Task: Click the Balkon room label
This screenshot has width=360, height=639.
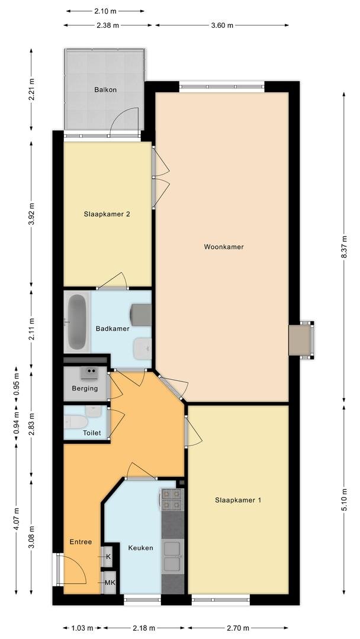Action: pos(105,90)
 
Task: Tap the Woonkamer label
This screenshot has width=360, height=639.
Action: pos(224,247)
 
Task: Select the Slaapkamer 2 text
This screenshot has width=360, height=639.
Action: pos(107,214)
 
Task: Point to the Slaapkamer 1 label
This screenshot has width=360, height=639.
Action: pos(238,500)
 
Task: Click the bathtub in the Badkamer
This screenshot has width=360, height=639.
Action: pos(77,322)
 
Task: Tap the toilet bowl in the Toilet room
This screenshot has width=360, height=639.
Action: pos(76,421)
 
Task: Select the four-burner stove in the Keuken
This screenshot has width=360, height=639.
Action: pos(172,499)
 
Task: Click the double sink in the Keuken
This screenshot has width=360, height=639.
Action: pos(172,557)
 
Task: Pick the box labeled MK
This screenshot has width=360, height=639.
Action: pos(110,583)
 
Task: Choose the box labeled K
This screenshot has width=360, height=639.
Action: pos(108,557)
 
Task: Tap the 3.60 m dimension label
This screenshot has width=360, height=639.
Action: pos(222,25)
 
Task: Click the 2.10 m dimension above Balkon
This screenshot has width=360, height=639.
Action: pos(105,11)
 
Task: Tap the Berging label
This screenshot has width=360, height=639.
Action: pos(85,388)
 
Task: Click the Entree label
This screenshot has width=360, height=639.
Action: pos(81,542)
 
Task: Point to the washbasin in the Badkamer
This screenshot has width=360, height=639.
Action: pos(142,349)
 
